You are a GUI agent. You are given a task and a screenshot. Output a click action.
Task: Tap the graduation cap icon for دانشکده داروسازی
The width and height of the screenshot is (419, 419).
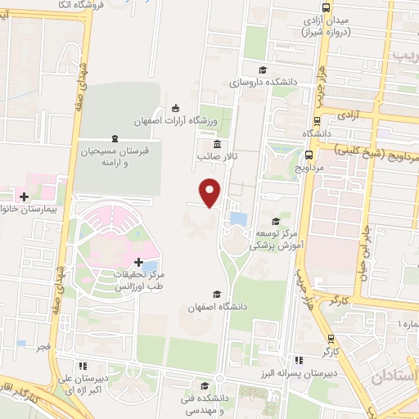pos(262,70)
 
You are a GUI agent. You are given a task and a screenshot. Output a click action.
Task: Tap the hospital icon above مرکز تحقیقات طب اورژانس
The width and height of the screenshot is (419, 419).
pos(138,261)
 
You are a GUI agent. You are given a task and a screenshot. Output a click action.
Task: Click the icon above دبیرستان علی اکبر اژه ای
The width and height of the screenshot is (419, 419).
pos(82,365)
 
